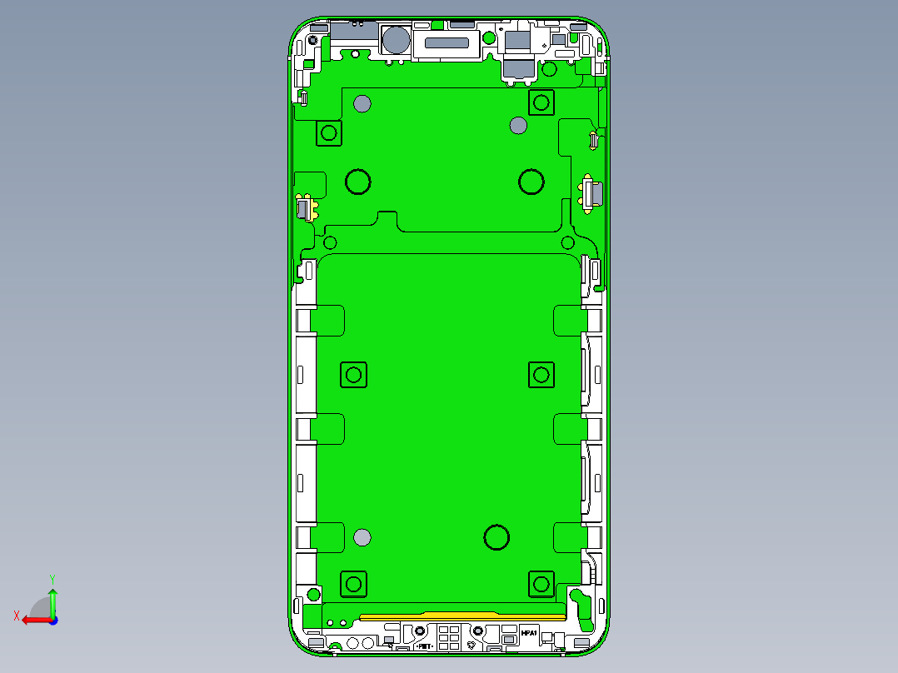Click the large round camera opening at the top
pyautogui.click(x=396, y=40)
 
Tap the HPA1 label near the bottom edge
pyautogui.click(x=528, y=634)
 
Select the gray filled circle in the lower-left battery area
pyautogui.click(x=362, y=537)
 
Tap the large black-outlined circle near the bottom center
pyautogui.click(x=496, y=537)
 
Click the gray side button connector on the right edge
pyautogui.click(x=592, y=194)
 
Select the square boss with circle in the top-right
pyautogui.click(x=541, y=102)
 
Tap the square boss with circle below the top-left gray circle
pyautogui.click(x=329, y=132)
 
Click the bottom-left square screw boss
pyautogui.click(x=354, y=584)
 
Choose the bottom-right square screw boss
pyautogui.click(x=541, y=584)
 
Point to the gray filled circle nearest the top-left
pyautogui.click(x=362, y=104)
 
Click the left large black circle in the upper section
pyautogui.click(x=358, y=182)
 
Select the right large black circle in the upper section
pyautogui.click(x=531, y=182)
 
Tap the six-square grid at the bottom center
pyautogui.click(x=448, y=637)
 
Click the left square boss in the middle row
pyautogui.click(x=354, y=375)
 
